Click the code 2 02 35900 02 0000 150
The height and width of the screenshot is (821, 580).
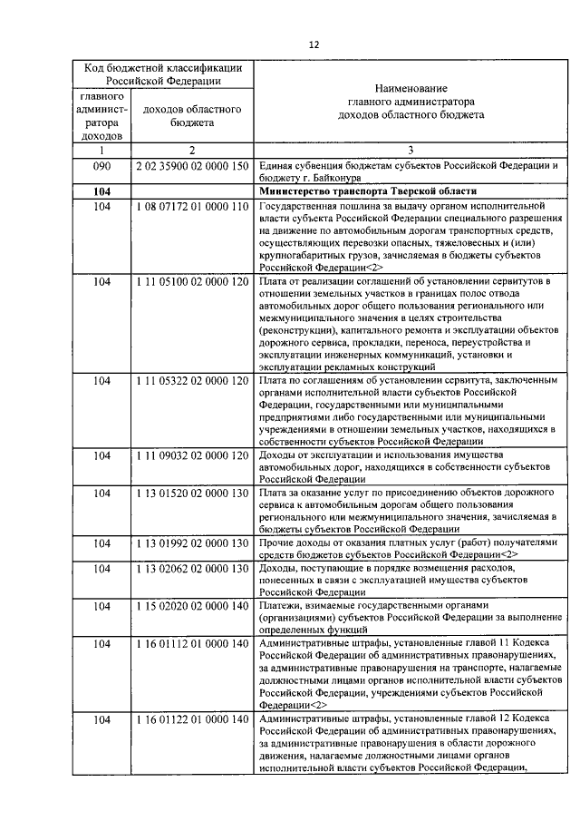pos(191,167)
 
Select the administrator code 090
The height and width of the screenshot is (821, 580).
pos(101,167)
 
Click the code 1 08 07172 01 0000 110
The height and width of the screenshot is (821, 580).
pos(191,207)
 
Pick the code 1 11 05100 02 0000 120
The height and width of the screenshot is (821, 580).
pos(191,282)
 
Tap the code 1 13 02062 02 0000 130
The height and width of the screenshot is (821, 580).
pos(191,568)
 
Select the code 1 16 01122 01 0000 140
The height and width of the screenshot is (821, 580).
pos(191,719)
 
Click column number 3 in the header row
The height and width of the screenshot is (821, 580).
pos(410,150)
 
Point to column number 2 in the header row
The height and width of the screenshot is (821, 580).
pos(191,150)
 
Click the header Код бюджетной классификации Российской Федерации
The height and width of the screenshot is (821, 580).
pos(163,73)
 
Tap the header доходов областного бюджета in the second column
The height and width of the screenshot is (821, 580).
pos(191,115)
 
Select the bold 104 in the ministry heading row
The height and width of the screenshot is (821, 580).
pos(101,192)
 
